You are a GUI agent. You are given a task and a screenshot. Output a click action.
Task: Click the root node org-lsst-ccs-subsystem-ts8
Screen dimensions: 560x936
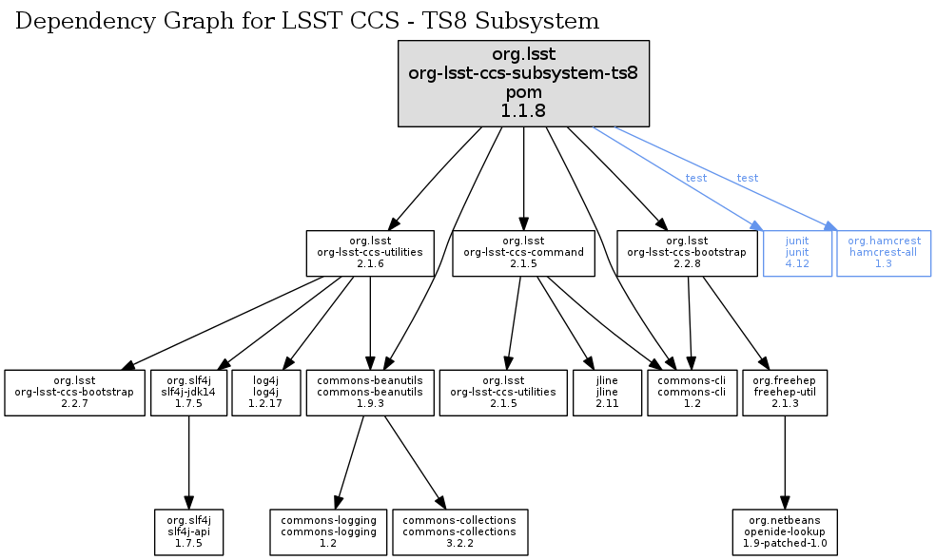click(x=523, y=84)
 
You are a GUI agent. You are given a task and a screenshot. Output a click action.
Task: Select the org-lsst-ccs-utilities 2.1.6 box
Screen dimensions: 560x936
click(x=370, y=253)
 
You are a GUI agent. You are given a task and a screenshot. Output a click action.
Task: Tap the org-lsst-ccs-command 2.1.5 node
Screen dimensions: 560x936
click(x=524, y=253)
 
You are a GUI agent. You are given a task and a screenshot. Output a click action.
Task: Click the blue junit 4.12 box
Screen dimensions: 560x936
click(x=797, y=253)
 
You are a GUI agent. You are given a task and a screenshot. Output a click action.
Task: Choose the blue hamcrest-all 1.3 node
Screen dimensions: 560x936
click(x=884, y=253)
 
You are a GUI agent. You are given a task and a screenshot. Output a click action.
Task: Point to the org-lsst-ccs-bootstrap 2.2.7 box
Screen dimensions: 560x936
click(x=73, y=392)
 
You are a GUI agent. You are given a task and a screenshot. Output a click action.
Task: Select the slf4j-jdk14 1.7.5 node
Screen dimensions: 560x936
click(x=188, y=392)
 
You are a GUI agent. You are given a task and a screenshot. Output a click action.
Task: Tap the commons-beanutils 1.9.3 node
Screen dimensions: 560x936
click(x=370, y=392)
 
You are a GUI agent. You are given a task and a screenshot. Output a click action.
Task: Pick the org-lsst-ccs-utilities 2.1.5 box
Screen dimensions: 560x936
click(x=502, y=392)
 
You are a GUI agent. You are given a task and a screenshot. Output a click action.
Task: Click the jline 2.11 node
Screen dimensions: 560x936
click(x=607, y=392)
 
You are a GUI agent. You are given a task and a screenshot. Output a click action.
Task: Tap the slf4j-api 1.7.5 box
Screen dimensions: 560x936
click(x=188, y=531)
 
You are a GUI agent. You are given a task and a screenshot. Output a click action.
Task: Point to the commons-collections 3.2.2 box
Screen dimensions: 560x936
click(x=459, y=531)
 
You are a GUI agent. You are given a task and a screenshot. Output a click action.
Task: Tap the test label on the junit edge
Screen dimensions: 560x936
click(x=696, y=178)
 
